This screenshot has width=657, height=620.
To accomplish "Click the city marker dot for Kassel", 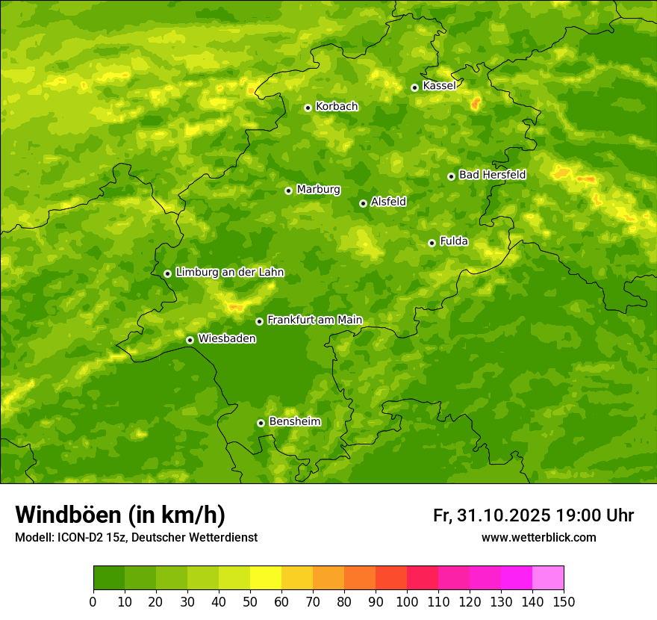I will pos(414,87).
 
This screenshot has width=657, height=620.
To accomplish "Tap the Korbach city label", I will pos(337,107).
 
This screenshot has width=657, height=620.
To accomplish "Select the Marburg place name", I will pos(318,190).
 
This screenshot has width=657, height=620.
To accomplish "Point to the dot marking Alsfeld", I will pos(363,203).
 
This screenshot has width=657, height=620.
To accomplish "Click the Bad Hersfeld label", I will pos(492,175).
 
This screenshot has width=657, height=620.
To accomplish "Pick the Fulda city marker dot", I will pos(432,243).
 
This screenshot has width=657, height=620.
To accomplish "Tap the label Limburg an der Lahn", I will pos(229,273).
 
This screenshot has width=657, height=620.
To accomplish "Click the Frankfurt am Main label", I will pos(314,320).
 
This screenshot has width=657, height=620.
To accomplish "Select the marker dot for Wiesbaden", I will pos(190,340).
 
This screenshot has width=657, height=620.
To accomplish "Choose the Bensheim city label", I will pos(294,422).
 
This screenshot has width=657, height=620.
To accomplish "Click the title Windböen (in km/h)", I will pos(120,515).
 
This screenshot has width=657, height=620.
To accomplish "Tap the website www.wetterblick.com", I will pos(538,538).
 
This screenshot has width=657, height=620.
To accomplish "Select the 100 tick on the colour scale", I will pos(407,601).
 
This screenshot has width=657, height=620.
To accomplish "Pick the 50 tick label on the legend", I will pos(250,601).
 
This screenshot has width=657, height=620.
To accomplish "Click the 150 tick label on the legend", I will pos(564,601).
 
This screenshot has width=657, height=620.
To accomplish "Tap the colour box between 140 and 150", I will pos(548,577).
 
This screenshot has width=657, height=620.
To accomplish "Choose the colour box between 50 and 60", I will pos(266,577).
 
